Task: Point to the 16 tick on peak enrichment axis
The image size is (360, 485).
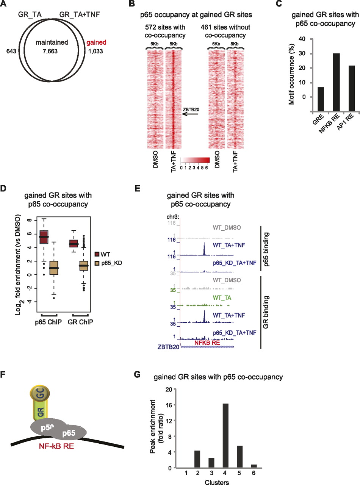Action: pyautogui.click(x=168, y=405)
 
